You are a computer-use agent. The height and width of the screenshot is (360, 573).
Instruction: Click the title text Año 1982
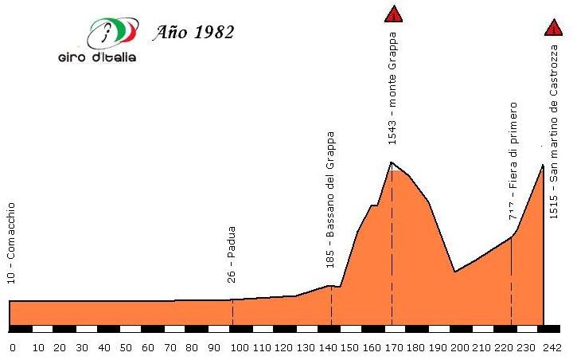click(x=194, y=33)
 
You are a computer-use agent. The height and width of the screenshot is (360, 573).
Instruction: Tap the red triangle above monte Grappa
click(x=392, y=14)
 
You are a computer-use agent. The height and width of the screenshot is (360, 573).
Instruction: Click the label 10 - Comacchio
click(x=11, y=243)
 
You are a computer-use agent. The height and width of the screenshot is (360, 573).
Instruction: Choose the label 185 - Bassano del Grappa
click(x=330, y=199)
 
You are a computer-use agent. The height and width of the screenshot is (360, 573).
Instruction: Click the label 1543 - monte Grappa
click(x=392, y=88)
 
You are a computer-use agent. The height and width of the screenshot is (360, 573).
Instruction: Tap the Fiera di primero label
click(x=513, y=159)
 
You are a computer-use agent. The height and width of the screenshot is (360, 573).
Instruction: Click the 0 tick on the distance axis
click(x=12, y=348)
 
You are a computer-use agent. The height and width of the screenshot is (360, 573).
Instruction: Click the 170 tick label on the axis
click(x=393, y=348)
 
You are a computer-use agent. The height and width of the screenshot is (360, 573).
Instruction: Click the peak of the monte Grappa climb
click(x=392, y=162)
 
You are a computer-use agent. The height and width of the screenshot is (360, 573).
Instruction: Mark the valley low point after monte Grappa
click(x=454, y=272)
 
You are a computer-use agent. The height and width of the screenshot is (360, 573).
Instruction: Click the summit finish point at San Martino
click(x=544, y=165)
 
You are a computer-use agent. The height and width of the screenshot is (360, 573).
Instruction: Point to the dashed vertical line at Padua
click(x=232, y=312)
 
